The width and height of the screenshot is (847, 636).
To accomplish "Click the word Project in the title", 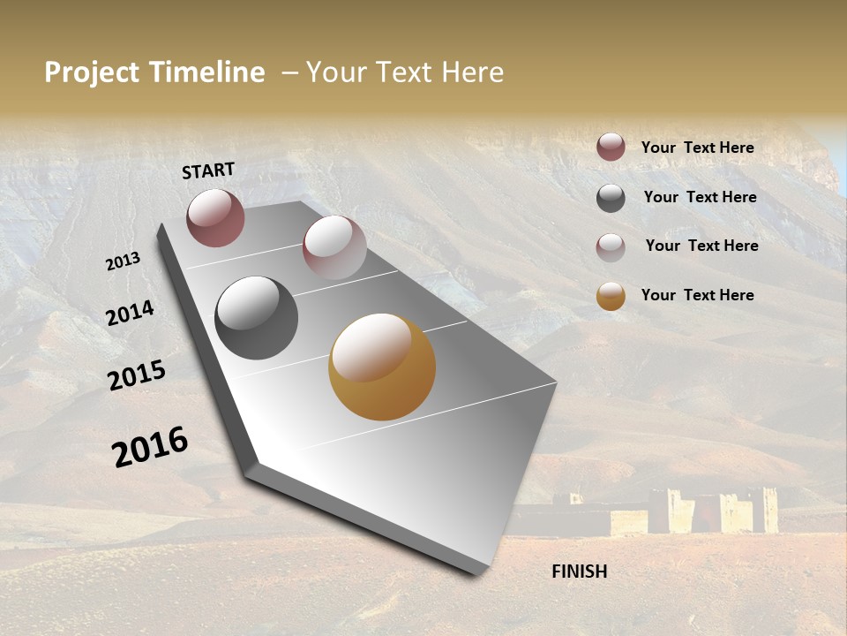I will pyautogui.click(x=92, y=73).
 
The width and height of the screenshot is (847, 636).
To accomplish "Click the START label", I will pyautogui.click(x=208, y=170).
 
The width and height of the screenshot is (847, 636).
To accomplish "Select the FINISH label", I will pyautogui.click(x=580, y=572).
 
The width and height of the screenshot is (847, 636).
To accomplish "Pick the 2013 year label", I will pyautogui.click(x=123, y=261).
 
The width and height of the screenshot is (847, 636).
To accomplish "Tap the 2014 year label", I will pyautogui.click(x=130, y=314).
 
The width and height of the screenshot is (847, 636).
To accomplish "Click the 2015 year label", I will pyautogui.click(x=137, y=375).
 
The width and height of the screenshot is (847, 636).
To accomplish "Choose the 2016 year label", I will pyautogui.click(x=150, y=447).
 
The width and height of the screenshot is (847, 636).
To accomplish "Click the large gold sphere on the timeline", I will pyautogui.click(x=382, y=367).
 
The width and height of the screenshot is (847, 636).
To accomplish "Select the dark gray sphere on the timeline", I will pyautogui.click(x=256, y=318).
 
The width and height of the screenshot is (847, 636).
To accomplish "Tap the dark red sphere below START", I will pyautogui.click(x=215, y=217).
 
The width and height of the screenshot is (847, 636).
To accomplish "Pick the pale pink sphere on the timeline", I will pyautogui.click(x=334, y=247).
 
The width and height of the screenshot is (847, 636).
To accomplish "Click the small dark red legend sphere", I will pyautogui.click(x=611, y=148).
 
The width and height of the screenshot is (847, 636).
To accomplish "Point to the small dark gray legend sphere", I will pyautogui.click(x=611, y=198).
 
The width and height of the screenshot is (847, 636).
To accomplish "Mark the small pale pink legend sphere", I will pyautogui.click(x=611, y=246).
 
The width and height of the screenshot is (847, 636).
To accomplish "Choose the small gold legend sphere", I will pyautogui.click(x=611, y=296).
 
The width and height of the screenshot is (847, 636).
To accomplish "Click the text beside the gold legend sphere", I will pyautogui.click(x=697, y=295).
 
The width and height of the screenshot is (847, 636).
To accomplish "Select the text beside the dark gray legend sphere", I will pyautogui.click(x=700, y=197).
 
